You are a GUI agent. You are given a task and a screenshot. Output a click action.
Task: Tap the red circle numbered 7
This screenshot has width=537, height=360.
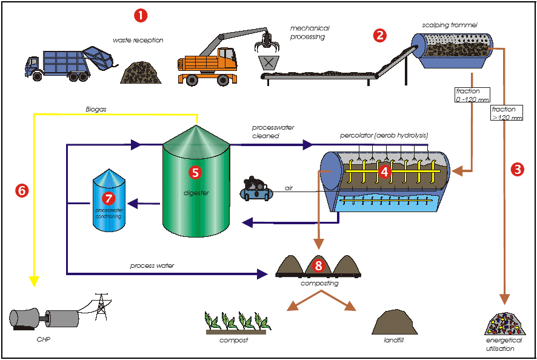108,198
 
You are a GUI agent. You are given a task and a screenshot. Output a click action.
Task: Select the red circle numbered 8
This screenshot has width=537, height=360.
319,265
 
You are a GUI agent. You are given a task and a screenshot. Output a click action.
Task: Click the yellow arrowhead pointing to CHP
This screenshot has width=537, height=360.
34,281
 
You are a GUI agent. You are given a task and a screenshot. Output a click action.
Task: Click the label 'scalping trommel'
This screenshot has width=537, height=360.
450,25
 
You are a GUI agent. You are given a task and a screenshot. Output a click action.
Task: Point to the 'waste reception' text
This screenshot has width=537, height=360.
138,41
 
